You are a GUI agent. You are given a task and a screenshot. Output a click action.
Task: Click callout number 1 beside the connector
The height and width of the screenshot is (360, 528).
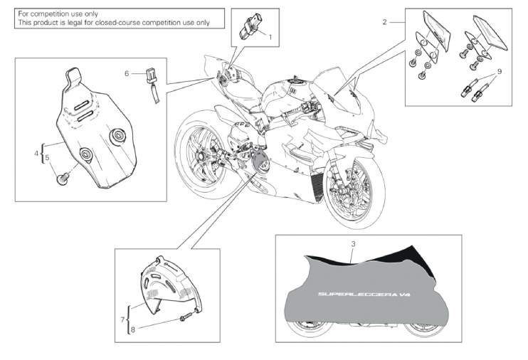pyautogui.click(x=270, y=37)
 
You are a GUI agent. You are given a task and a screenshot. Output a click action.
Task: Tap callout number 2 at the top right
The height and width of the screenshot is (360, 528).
pyautogui.click(x=385, y=22)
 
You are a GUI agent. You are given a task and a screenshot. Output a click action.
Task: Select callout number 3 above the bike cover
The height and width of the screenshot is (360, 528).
pyautogui.click(x=353, y=244)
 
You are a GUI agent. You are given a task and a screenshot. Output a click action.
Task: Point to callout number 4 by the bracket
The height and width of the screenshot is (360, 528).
pyautogui.click(x=36, y=154)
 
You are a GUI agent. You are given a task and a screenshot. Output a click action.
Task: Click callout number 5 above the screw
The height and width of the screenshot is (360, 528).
pyautogui.click(x=47, y=157)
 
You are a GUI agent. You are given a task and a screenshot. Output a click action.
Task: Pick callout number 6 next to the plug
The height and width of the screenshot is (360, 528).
pyautogui.click(x=127, y=73)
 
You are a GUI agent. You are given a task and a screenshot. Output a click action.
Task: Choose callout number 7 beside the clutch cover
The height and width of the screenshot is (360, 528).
pyautogui.click(x=122, y=319)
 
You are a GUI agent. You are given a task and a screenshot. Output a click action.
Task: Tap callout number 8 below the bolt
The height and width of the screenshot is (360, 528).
pyautogui.click(x=133, y=329)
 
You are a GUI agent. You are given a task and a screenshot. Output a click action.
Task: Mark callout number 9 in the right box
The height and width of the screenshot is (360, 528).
pyautogui.click(x=500, y=71)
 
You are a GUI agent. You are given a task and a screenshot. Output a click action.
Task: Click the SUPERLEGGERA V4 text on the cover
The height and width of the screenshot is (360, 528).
pyautogui.click(x=364, y=295)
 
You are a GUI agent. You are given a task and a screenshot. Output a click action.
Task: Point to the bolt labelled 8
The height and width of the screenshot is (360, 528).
pyautogui.click(x=186, y=317)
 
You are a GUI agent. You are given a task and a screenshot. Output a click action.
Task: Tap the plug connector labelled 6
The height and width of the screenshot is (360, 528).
pyautogui.click(x=152, y=84)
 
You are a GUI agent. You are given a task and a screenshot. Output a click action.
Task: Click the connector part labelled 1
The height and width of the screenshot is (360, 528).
pyautogui.click(x=250, y=26)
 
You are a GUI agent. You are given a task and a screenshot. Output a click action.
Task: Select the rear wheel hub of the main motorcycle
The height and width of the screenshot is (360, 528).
pyautogui.click(x=201, y=157)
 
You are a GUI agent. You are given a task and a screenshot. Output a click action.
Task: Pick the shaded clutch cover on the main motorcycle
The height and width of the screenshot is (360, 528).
pyautogui.click(x=261, y=162)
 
